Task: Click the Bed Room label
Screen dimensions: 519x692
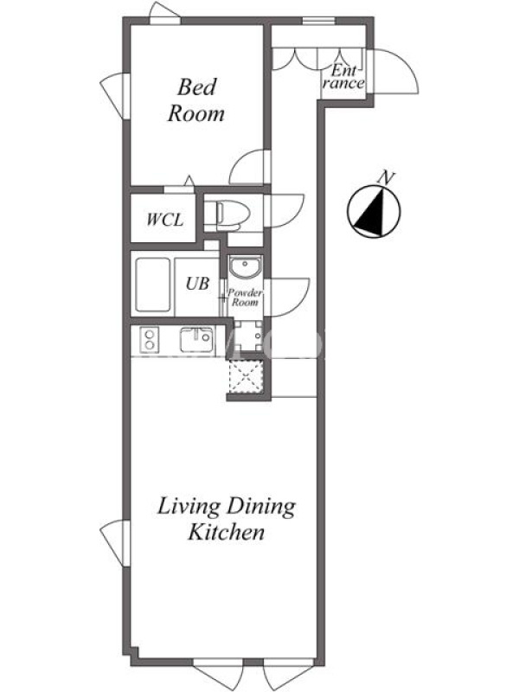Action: click(x=196, y=100)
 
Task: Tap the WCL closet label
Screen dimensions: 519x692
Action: click(x=164, y=220)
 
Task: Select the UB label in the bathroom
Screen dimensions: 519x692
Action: click(x=197, y=284)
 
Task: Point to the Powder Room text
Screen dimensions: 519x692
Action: click(x=245, y=298)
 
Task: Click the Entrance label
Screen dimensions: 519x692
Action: click(x=343, y=77)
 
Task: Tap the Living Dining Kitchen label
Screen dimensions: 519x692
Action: click(x=227, y=519)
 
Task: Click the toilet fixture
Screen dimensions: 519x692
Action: click(x=227, y=215)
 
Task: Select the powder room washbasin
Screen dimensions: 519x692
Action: click(x=245, y=267)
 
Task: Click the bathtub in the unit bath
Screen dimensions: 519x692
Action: click(x=153, y=285)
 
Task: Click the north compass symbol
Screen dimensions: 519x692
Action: click(x=374, y=211)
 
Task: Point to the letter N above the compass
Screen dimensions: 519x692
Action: click(x=386, y=178)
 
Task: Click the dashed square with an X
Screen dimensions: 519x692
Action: click(x=247, y=375)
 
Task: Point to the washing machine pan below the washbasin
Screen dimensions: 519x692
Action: click(x=247, y=336)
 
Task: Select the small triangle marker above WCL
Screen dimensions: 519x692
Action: click(x=189, y=181)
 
